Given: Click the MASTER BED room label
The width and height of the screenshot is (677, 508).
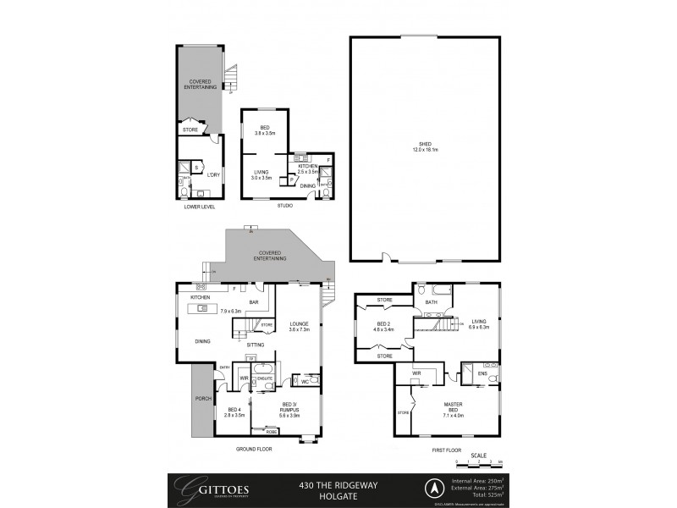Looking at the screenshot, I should click(x=453, y=410).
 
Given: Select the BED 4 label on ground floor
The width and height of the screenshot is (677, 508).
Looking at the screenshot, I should click(x=234, y=412).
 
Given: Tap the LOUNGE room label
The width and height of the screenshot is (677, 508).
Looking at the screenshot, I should click(x=299, y=326).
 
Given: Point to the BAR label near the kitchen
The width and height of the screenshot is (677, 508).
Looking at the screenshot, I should click(x=252, y=302).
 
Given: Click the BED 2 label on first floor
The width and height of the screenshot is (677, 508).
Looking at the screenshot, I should click(x=383, y=327).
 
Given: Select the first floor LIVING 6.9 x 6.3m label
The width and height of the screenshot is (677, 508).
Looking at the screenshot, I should click(x=478, y=324).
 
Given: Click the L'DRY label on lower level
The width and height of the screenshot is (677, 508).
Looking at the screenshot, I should click(x=212, y=174).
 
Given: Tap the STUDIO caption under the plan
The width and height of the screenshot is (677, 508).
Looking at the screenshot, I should click(x=284, y=205).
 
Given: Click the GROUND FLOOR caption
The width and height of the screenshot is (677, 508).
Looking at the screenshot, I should click(x=252, y=450).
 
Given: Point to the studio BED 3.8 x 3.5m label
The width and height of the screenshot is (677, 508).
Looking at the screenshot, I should click(x=265, y=130).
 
